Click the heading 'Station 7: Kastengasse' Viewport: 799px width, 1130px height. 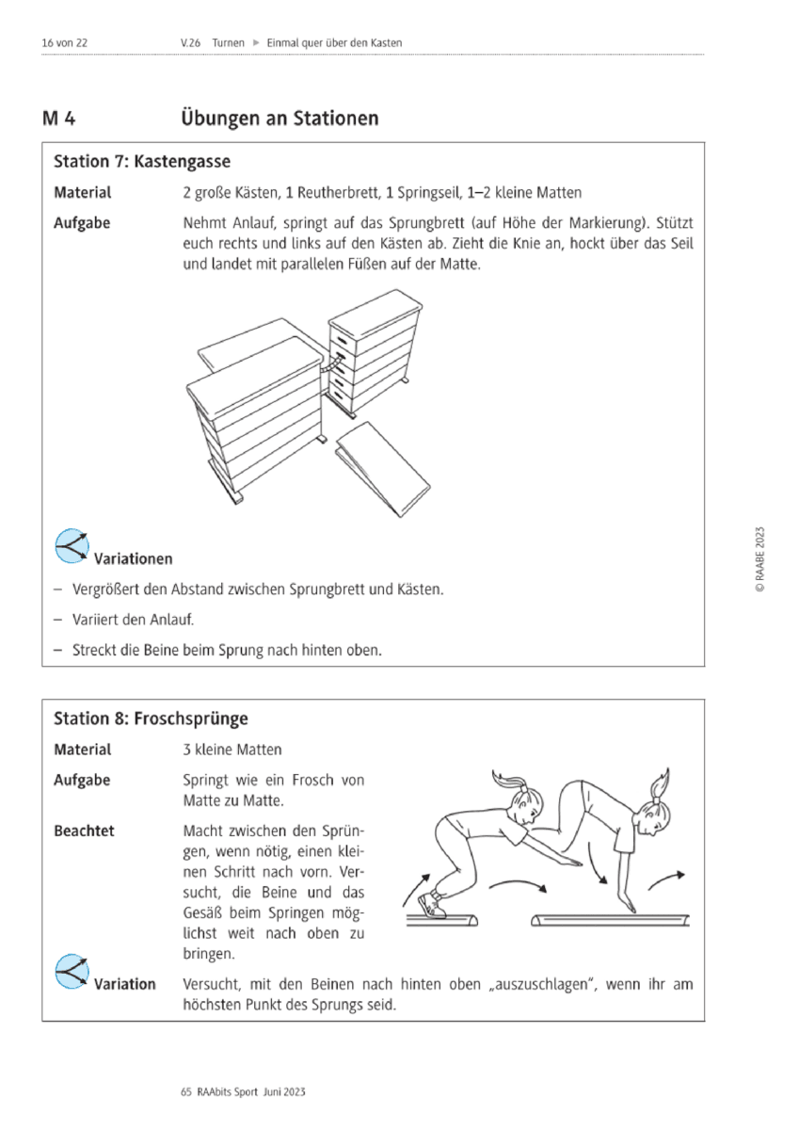pyautogui.click(x=142, y=161)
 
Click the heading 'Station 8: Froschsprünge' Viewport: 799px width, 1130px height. pyautogui.click(x=151, y=718)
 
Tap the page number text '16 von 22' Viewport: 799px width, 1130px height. pyautogui.click(x=65, y=43)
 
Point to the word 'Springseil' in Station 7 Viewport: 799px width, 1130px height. pyautogui.click(x=429, y=193)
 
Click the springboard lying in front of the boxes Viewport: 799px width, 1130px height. pyautogui.click(x=383, y=469)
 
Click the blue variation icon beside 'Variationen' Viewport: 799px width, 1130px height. pyautogui.click(x=72, y=546)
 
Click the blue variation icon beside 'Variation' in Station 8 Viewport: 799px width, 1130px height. pyautogui.click(x=72, y=971)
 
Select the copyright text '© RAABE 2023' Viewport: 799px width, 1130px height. pyautogui.click(x=759, y=559)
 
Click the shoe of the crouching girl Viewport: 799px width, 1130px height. pyautogui.click(x=432, y=905)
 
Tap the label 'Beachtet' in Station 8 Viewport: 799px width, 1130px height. pyautogui.click(x=84, y=831)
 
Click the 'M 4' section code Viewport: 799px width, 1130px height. pyautogui.click(x=59, y=119)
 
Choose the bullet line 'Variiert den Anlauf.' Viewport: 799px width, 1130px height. pyautogui.click(x=133, y=620)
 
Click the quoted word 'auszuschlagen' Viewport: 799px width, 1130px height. pyautogui.click(x=541, y=984)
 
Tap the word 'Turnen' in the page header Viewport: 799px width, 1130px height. pyautogui.click(x=228, y=43)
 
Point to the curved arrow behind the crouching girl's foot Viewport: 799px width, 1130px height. pyautogui.click(x=416, y=890)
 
